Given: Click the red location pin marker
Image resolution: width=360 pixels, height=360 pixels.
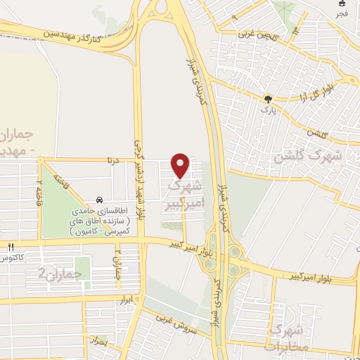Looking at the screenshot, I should [x=181, y=165].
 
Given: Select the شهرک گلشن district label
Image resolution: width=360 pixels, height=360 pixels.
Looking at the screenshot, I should [x=309, y=155].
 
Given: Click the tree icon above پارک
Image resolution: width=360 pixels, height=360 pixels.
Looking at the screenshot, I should [x=266, y=99].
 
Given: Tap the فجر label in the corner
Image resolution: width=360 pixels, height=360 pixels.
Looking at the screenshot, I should [x=342, y=13].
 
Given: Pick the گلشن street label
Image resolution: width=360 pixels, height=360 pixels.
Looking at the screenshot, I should [x=319, y=132].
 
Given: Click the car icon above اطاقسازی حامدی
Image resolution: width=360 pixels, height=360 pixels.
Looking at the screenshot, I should [x=98, y=200].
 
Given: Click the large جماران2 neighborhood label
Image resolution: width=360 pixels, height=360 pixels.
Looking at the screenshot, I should [x=56, y=272].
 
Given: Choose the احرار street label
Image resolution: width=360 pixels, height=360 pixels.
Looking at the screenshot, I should [x=99, y=342].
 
